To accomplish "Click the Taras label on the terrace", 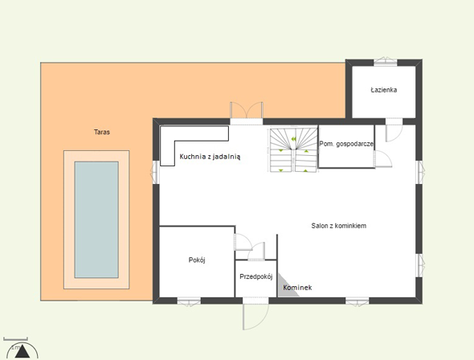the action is (x=102, y=132).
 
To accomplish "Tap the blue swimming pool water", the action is (x=96, y=219).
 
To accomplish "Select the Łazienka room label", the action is (x=384, y=90).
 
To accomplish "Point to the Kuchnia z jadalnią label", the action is (x=210, y=157).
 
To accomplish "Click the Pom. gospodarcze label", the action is (x=346, y=144).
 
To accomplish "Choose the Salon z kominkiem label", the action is (x=339, y=226).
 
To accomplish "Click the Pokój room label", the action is (x=197, y=260).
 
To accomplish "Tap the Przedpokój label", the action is (x=256, y=276).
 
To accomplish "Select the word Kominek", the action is (x=297, y=288).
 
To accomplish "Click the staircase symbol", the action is (x=293, y=150).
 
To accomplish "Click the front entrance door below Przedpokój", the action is (x=255, y=313).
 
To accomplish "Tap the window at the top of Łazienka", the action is (x=385, y=61).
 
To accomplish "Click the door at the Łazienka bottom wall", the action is (x=394, y=130).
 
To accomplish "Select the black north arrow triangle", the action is (x=22, y=352).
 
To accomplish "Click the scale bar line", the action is (x=16, y=340).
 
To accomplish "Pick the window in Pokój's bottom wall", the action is (x=189, y=301).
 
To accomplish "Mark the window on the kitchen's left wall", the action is (x=155, y=172).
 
